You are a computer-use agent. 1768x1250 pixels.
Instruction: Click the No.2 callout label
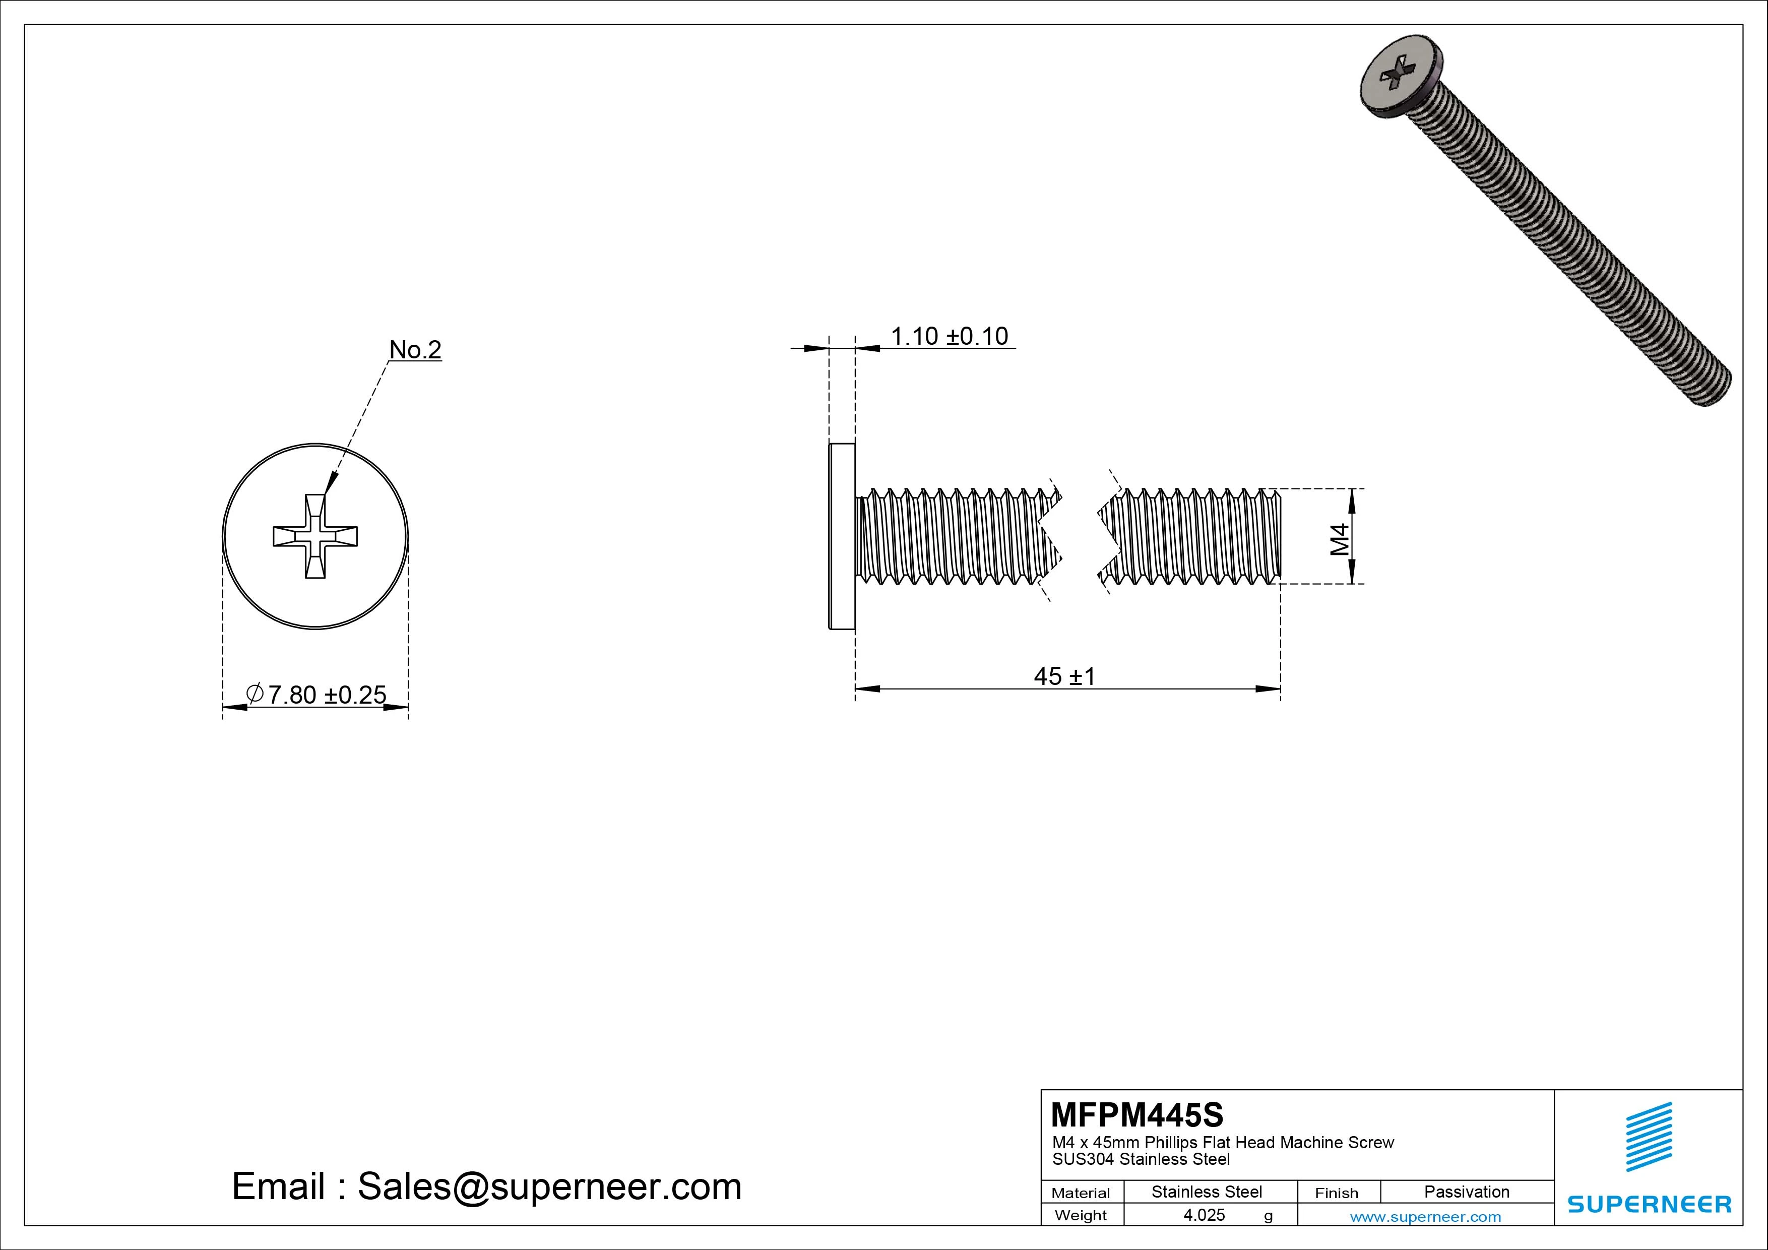click(x=415, y=350)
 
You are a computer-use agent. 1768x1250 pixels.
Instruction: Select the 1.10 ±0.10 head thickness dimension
click(x=949, y=337)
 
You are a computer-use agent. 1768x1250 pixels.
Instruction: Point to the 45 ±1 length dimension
click(x=1064, y=676)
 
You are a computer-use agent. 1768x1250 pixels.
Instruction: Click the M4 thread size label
click(x=1340, y=539)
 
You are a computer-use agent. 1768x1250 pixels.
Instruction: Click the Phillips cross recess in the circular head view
click(x=315, y=536)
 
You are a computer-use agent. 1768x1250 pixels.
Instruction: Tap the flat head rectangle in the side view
click(x=842, y=536)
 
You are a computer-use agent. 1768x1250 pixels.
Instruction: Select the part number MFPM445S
click(x=1136, y=1114)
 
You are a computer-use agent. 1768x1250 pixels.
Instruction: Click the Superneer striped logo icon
click(x=1649, y=1137)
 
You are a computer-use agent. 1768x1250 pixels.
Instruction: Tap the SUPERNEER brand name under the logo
click(x=1649, y=1204)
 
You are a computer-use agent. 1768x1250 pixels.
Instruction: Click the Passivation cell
click(x=1466, y=1192)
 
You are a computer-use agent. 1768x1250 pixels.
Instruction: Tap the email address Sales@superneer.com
click(x=549, y=1186)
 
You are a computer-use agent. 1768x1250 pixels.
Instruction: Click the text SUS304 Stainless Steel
click(x=1141, y=1159)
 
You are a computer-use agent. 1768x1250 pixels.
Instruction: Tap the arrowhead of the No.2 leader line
click(x=330, y=485)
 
